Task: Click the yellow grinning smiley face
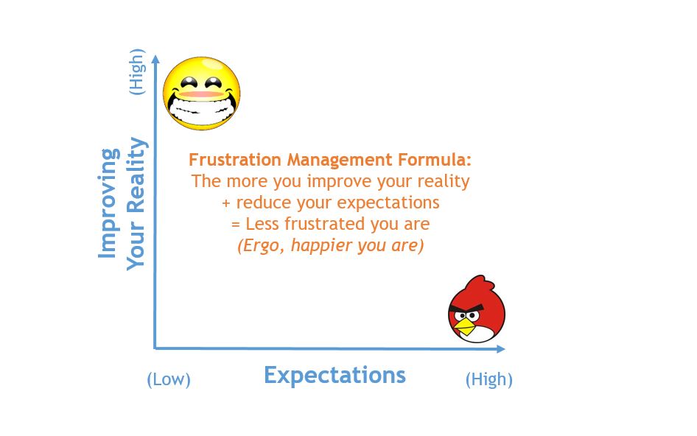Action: (201, 94)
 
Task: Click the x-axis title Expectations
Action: (335, 375)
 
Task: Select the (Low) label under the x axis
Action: (169, 379)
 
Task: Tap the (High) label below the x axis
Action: (489, 379)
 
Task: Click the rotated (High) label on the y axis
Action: (136, 71)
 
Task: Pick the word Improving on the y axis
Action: (108, 203)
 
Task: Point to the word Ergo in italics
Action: (262, 246)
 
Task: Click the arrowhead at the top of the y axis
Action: (155, 59)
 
